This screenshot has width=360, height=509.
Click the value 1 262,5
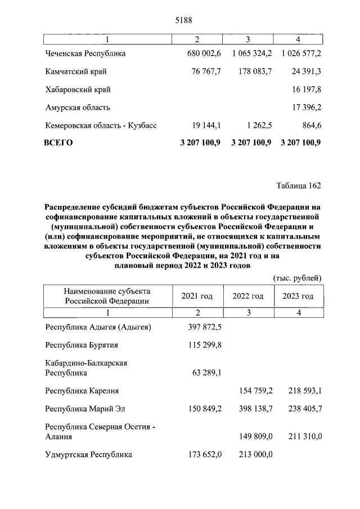pyautogui.click(x=257, y=125)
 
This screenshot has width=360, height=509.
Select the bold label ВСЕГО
pyautogui.click(x=58, y=143)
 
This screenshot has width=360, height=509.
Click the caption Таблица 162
pyautogui.click(x=298, y=185)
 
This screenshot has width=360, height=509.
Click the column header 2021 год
pyautogui.click(x=197, y=296)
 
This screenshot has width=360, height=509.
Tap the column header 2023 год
pyautogui.click(x=298, y=296)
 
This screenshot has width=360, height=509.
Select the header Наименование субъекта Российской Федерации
pyautogui.click(x=107, y=296)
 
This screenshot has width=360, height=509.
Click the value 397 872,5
pyautogui.click(x=205, y=327)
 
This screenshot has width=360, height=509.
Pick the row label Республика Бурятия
pyautogui.click(x=82, y=345)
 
